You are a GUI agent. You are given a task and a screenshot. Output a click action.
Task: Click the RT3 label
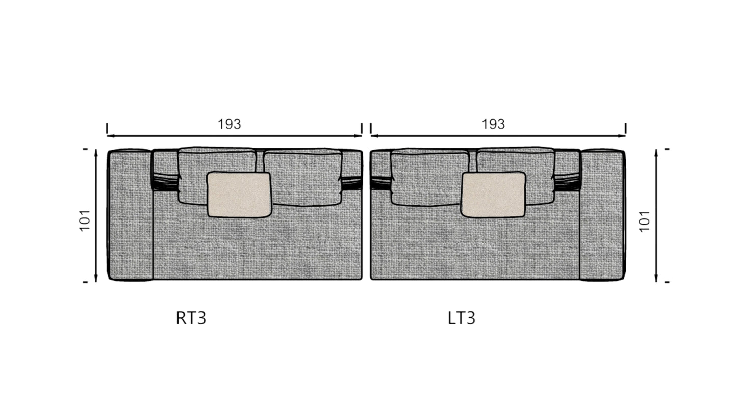click(191, 318)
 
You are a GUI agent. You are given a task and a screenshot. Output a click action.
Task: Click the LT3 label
click(462, 318)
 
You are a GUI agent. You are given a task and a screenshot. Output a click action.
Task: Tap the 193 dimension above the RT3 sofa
click(230, 124)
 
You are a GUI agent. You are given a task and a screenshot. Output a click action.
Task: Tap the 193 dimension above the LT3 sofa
click(493, 124)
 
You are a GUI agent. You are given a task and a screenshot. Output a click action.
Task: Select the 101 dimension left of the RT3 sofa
click(85, 220)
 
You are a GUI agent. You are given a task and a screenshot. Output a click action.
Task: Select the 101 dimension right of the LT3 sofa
click(645, 221)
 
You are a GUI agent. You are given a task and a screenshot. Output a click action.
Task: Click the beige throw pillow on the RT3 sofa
click(239, 195)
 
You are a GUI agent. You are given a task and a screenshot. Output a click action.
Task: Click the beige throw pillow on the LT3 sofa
click(493, 195)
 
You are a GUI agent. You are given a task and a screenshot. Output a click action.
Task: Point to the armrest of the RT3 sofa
click(130, 215)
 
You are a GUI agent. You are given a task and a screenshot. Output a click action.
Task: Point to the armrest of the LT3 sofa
click(602, 215)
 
